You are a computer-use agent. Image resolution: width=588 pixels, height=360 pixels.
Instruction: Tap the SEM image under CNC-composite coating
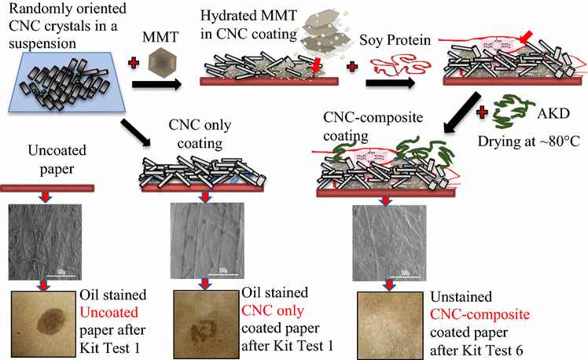point(388,242)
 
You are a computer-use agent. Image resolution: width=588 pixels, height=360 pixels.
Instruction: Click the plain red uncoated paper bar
point(49,188)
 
